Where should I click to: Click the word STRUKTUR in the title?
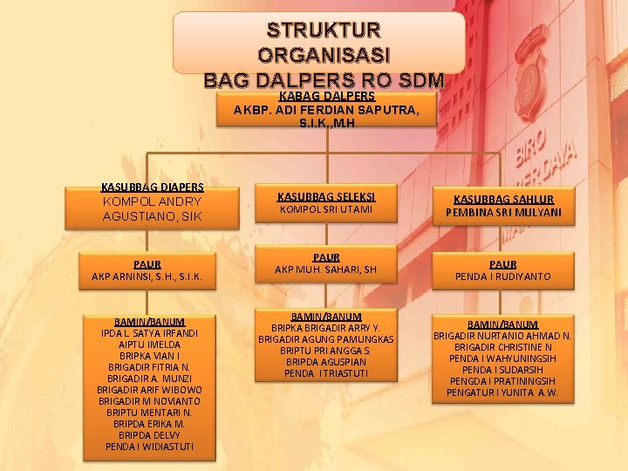coord(324,30)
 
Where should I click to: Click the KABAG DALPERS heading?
coord(326,96)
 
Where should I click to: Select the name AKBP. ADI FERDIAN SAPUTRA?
coord(326,110)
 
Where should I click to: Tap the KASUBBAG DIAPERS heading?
coord(153,187)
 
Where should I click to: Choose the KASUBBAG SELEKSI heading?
coord(326,196)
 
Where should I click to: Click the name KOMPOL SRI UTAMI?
coord(326,210)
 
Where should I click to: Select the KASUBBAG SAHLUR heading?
coord(503,199)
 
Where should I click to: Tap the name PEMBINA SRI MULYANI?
coord(503,213)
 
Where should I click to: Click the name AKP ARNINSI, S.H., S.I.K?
coord(147,277)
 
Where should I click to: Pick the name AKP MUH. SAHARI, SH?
coord(326,270)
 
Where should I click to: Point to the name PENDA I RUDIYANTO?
coord(503,276)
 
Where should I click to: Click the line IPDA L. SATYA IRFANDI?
coord(150,333)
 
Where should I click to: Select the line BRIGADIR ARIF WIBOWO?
coord(150,390)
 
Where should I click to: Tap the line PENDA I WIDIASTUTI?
coord(150,447)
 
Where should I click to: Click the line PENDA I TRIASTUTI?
coord(326,373)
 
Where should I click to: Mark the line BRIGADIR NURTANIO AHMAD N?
coord(503,336)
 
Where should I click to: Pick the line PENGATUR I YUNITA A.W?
coord(503,392)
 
